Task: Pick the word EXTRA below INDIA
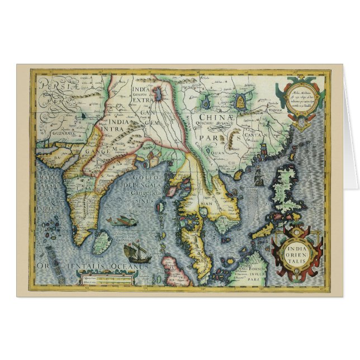[x=144, y=103]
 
